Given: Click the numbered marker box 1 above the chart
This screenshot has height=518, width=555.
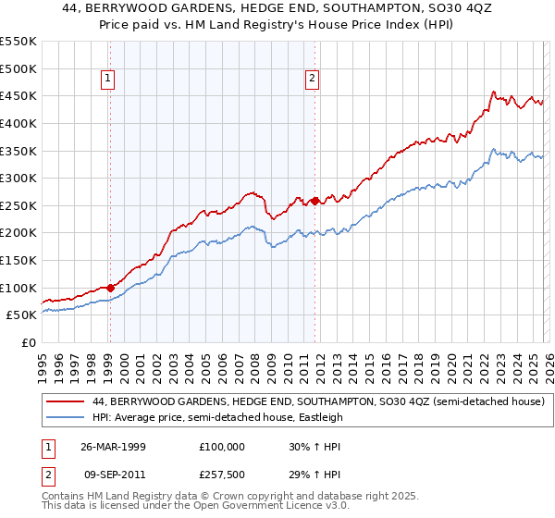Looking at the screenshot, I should pos(109,80).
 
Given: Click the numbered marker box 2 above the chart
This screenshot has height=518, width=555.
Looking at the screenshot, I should pos(313,80).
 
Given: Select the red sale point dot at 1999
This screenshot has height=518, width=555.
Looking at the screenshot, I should pos(110,288).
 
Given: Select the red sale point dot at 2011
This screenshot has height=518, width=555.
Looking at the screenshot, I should pos(314,201).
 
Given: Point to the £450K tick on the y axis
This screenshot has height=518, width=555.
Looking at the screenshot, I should pos(18,96).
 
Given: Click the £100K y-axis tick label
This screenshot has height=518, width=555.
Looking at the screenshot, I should pos(18,288).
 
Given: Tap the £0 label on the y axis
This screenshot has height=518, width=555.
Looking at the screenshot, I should pos(28,342).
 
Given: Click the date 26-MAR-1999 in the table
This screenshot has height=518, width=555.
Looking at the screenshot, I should pos(113,446).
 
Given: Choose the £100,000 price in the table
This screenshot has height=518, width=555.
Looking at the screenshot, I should pos(222,446).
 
